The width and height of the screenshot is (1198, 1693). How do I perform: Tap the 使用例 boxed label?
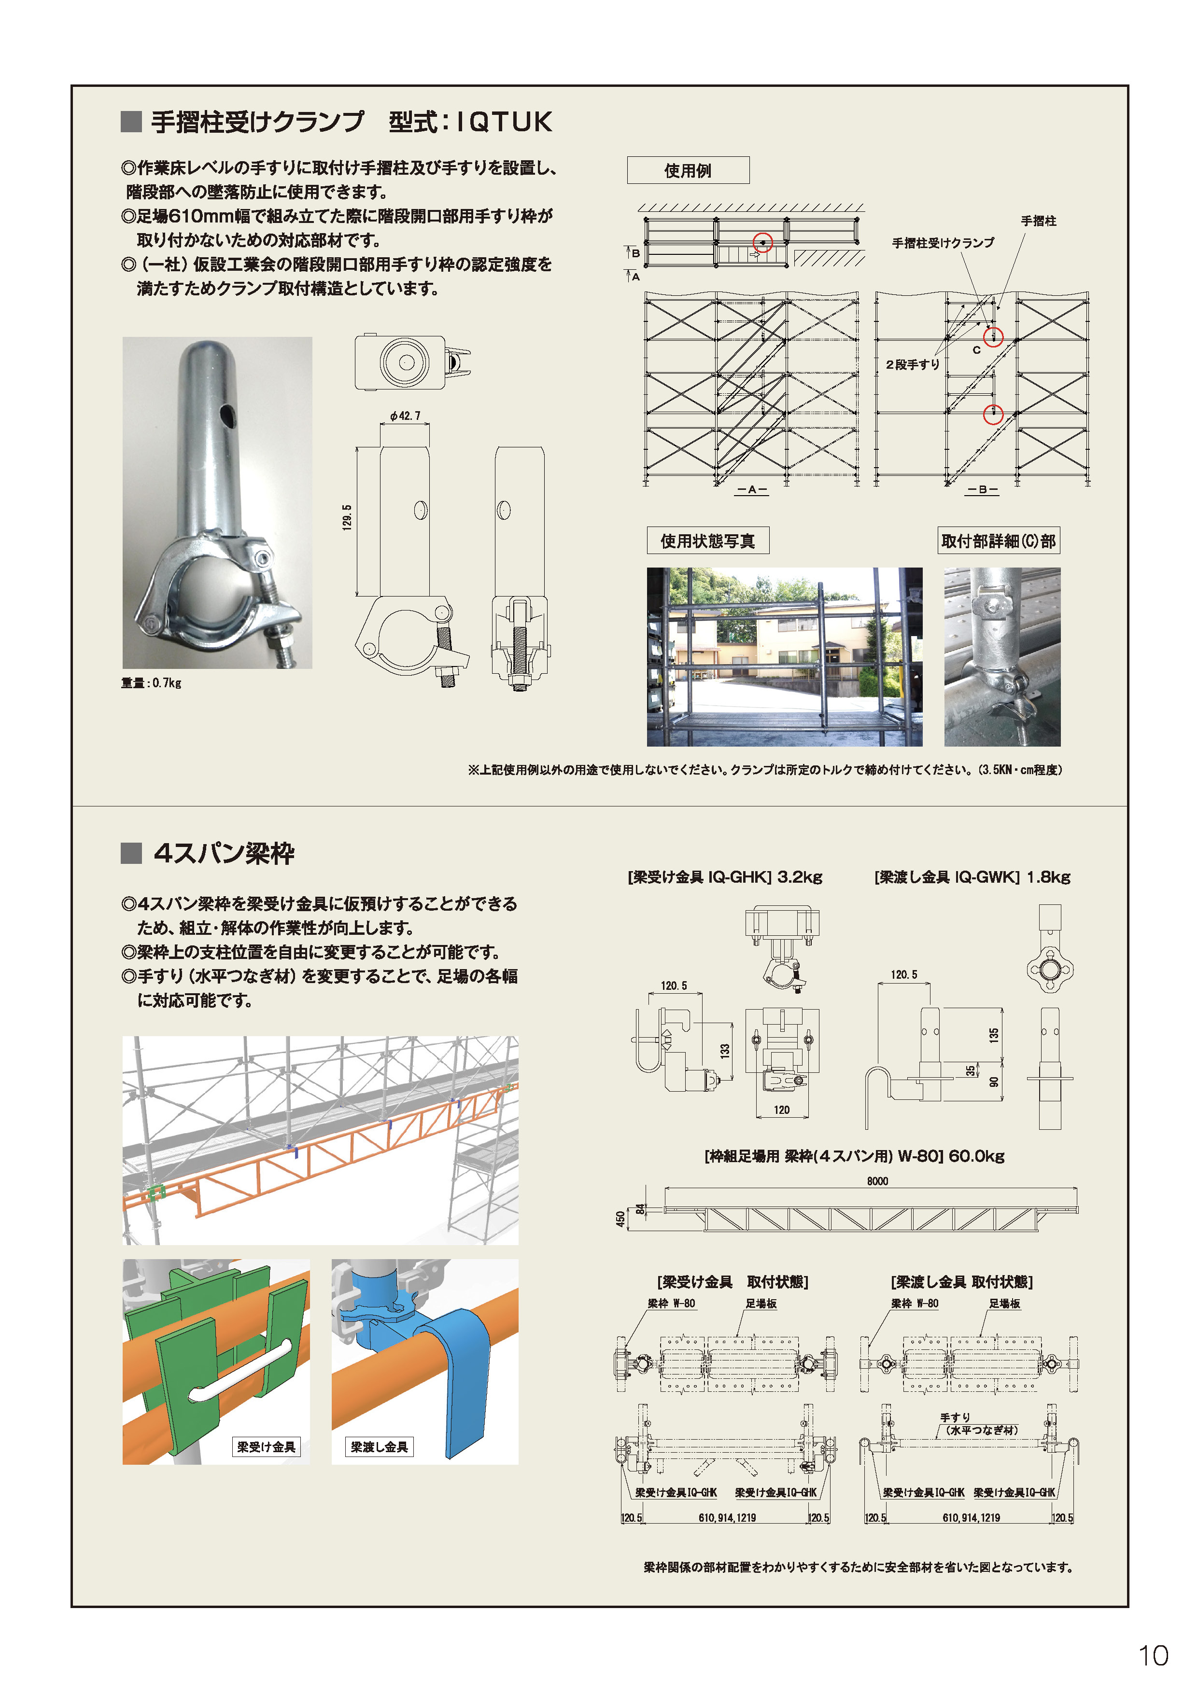[x=688, y=170]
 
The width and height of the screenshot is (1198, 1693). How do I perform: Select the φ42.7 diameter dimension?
[x=405, y=416]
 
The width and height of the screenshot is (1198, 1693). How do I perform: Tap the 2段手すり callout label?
[x=913, y=364]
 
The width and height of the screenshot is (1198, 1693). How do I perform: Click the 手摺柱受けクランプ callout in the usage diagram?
[x=943, y=243]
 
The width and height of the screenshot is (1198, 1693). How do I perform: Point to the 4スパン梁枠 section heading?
[x=224, y=853]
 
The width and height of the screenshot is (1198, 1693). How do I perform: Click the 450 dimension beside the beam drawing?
[x=621, y=1219]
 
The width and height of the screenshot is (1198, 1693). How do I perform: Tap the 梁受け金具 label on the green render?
[x=266, y=1447]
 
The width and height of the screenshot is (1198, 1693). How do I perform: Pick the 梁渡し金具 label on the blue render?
[x=379, y=1447]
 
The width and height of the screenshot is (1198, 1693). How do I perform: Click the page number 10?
[x=1153, y=1655]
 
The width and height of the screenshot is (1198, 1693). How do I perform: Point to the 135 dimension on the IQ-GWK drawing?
[x=994, y=1035]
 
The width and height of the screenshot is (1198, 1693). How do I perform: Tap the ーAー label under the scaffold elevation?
[x=752, y=489]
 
